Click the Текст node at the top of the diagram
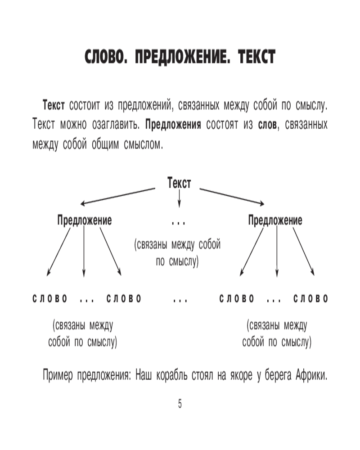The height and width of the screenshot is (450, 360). pos(179,183)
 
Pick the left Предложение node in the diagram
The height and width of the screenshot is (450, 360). pos(85,220)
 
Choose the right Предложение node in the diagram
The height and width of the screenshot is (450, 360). pos(275,220)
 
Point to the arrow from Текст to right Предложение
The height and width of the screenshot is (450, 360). pos(232,196)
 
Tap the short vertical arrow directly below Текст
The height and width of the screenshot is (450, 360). pos(179,198)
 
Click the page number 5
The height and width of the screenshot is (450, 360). pos(180,404)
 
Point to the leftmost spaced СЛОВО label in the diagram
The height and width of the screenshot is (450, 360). pos(50,299)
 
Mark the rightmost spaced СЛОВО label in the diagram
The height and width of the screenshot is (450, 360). pos(311,299)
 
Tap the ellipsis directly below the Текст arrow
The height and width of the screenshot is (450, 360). pos(179,222)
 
